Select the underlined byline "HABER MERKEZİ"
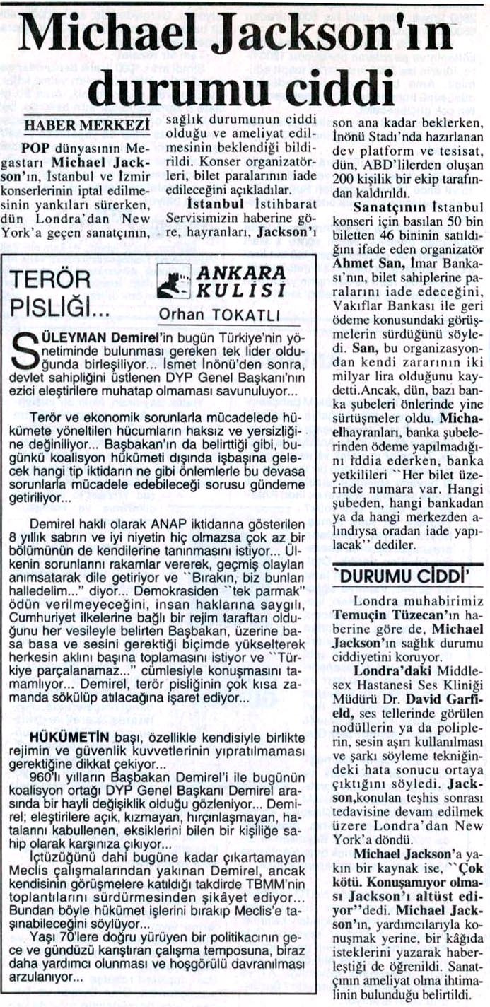87,125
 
